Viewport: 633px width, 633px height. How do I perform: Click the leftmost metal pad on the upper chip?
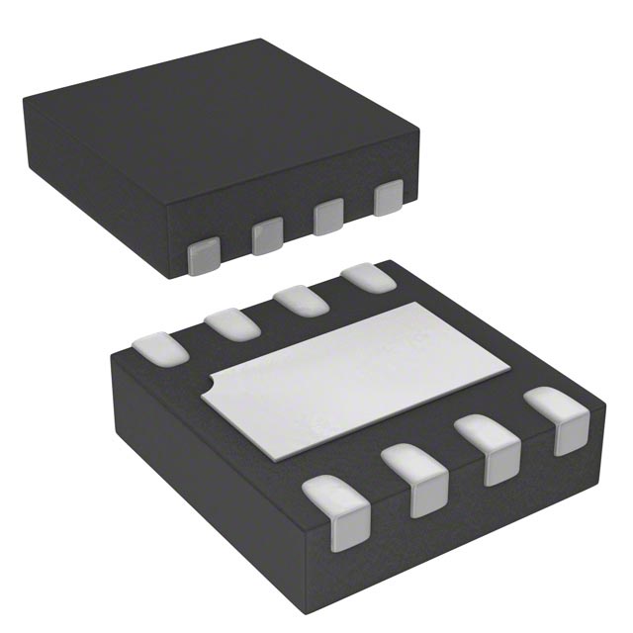click(x=205, y=254)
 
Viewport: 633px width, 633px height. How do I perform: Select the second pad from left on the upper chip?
click(x=267, y=236)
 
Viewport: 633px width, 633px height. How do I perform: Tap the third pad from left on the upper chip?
click(x=328, y=217)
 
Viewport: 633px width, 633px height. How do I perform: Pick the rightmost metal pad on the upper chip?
click(x=389, y=198)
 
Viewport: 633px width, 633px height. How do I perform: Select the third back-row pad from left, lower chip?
click(x=299, y=300)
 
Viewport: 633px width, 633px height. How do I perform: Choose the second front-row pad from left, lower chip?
click(x=415, y=477)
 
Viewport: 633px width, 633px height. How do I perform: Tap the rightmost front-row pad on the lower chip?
click(x=557, y=419)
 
